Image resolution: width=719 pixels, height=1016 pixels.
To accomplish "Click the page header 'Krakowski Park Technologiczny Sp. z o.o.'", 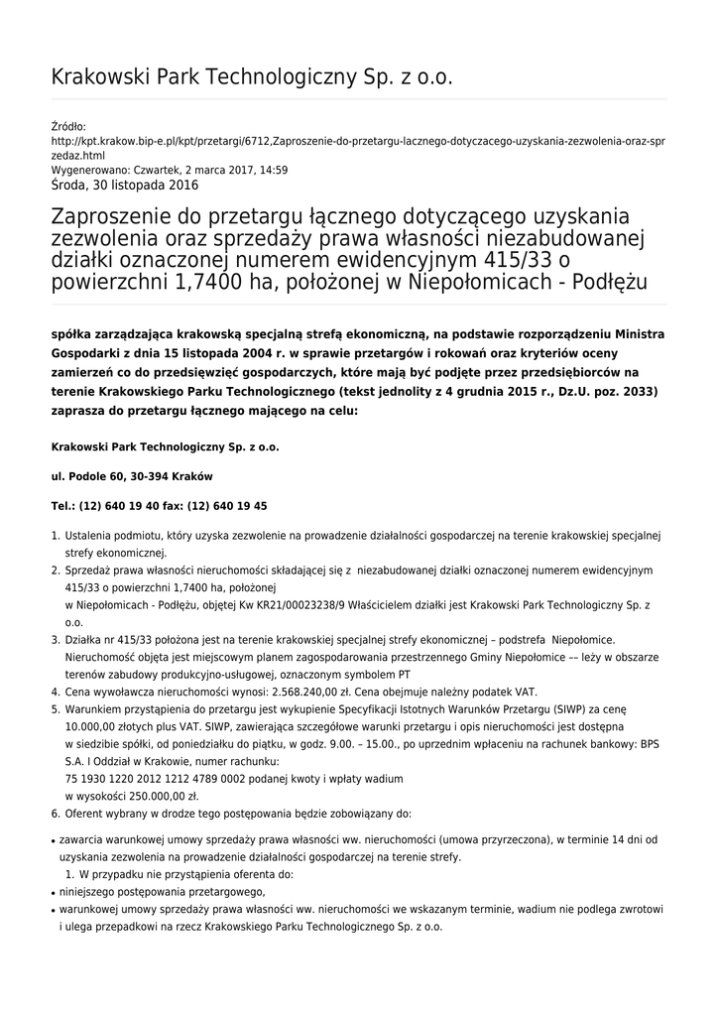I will click(x=252, y=77).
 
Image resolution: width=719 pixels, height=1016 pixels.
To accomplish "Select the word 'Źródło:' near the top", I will click(x=68, y=126).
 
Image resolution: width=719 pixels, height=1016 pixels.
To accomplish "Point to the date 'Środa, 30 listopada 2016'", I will click(x=124, y=185).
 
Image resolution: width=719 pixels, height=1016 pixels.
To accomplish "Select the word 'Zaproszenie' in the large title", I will click(x=116, y=216).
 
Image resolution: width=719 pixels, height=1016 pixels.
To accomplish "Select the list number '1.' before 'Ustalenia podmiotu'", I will click(x=56, y=536).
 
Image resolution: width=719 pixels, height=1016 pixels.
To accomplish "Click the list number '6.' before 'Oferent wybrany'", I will click(x=56, y=813).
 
